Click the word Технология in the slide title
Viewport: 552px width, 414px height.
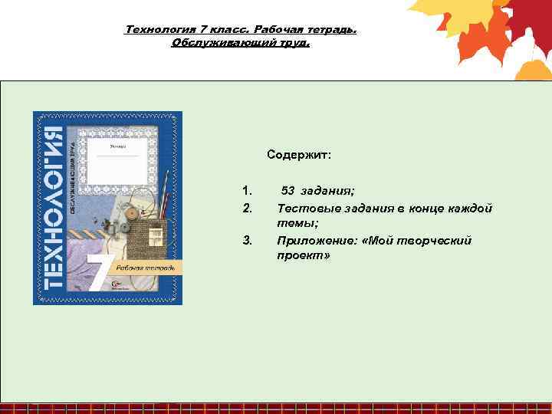156,30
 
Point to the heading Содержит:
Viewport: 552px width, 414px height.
299,155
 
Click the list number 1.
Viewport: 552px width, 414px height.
246,190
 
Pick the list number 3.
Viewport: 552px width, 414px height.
247,241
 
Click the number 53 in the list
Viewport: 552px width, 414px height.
287,190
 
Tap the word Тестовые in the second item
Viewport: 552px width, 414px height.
302,208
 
